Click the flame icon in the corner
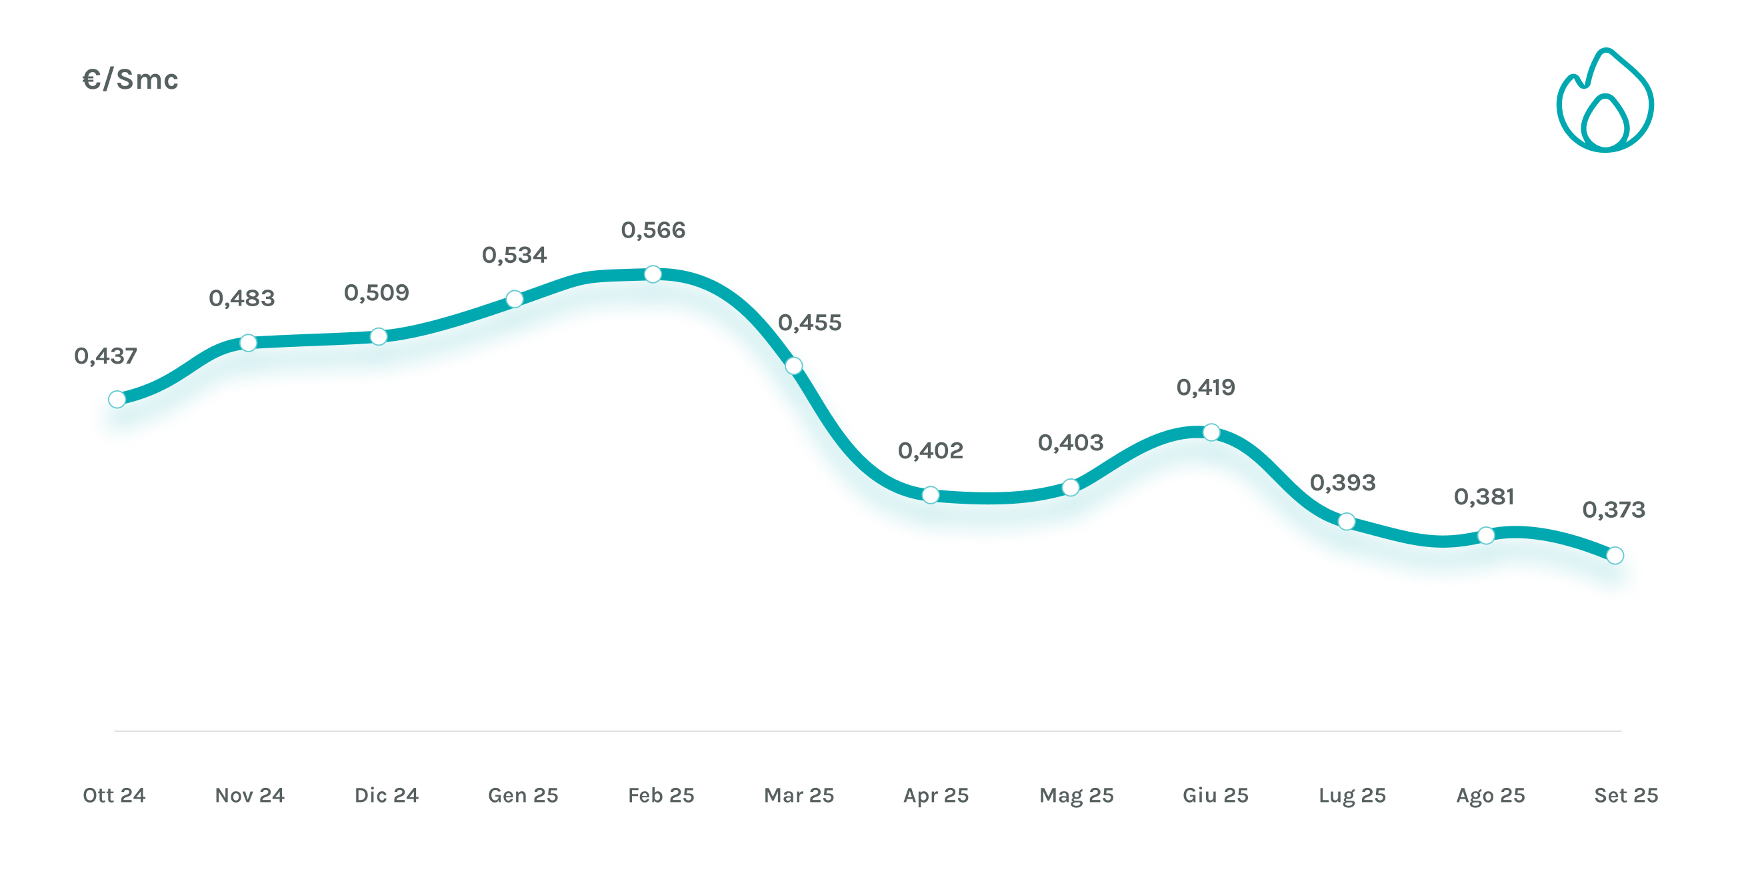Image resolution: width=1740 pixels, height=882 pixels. tap(1604, 101)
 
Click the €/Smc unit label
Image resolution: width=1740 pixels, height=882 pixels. tap(131, 80)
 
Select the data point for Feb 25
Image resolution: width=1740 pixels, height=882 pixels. tap(653, 274)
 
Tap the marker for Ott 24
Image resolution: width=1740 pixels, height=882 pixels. tap(117, 400)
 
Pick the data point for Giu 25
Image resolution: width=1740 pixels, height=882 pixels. tap(1211, 432)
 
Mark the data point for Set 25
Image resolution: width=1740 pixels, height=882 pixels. tap(1615, 556)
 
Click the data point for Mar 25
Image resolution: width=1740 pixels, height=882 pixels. tap(794, 366)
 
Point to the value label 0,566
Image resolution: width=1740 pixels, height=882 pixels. tap(653, 230)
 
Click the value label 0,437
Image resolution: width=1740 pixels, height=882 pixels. tap(105, 356)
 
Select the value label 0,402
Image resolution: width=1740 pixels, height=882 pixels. tap(930, 451)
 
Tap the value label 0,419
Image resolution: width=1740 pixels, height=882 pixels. tap(1206, 388)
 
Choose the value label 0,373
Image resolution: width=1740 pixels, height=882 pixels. tap(1614, 510)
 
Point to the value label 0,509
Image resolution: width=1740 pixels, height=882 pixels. tap(376, 293)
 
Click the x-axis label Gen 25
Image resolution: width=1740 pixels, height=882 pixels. tap(523, 795)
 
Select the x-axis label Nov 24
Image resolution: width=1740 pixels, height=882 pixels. tap(249, 795)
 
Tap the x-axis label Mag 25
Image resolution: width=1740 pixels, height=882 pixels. tap(1076, 795)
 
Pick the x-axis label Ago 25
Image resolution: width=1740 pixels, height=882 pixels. tap(1490, 795)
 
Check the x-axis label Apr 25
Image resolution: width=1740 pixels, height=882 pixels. tap(935, 795)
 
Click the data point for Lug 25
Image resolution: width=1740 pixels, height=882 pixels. tap(1346, 521)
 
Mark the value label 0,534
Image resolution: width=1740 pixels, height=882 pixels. tap(514, 256)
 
